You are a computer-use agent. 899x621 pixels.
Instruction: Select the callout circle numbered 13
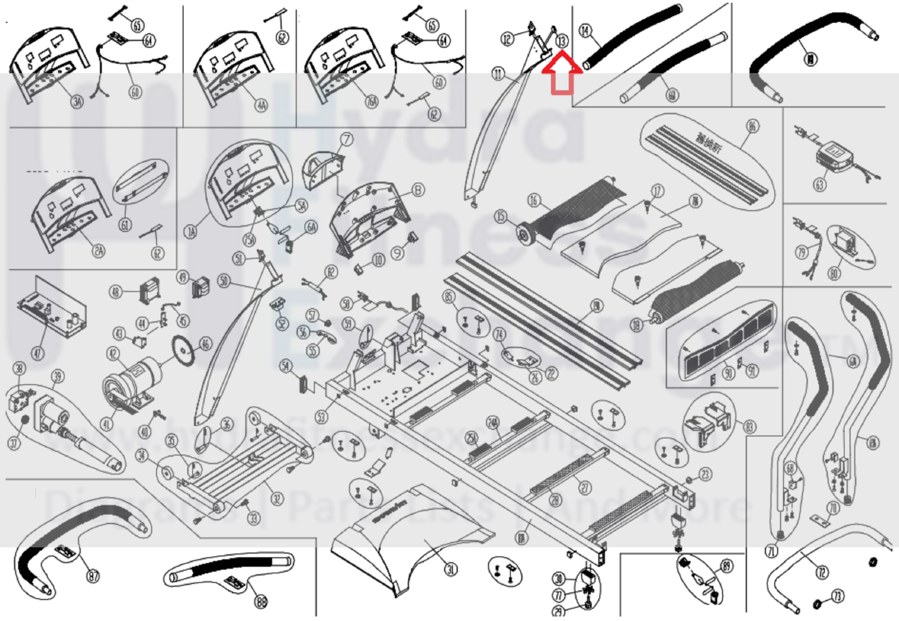[x=562, y=40]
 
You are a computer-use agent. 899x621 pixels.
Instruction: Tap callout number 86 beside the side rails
[x=753, y=126]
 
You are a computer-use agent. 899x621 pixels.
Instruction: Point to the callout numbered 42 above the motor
[x=113, y=353]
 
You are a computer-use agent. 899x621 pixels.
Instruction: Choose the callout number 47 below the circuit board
[x=37, y=353]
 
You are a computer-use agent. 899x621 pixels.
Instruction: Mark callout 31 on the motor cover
[x=450, y=569]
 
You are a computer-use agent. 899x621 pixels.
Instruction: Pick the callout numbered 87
[x=93, y=575]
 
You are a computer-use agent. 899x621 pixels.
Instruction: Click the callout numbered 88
[x=261, y=602]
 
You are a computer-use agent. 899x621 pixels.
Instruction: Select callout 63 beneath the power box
[x=820, y=183]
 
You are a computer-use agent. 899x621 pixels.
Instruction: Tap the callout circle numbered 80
[x=834, y=273]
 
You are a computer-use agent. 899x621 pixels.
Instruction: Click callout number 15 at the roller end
[x=500, y=217]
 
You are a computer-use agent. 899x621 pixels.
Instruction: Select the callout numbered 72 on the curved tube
[x=822, y=573]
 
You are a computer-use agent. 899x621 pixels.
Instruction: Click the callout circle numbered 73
[x=838, y=596]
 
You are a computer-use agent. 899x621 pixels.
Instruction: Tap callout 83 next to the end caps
[x=749, y=427]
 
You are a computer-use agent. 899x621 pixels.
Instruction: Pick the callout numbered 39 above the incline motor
[x=57, y=376]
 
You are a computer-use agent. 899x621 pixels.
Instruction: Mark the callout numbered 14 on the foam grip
[x=585, y=30]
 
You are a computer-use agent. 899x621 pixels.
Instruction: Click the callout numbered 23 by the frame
[x=705, y=474]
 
